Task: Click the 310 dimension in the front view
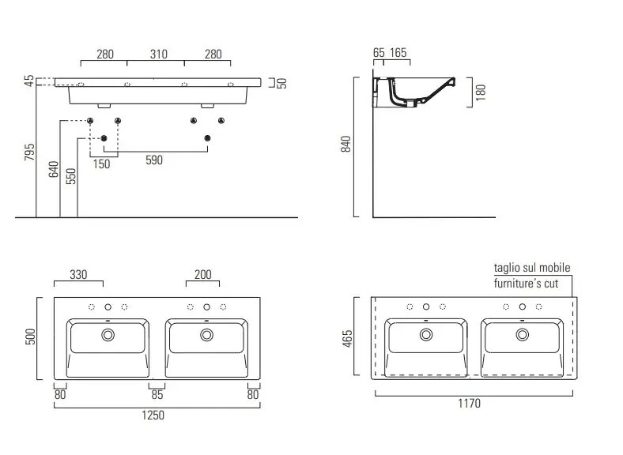click(159, 54)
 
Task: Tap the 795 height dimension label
click(30, 152)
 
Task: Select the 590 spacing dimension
click(154, 160)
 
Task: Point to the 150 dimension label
click(102, 164)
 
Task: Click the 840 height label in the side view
click(346, 144)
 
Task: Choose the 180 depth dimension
click(481, 92)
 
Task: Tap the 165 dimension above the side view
click(398, 52)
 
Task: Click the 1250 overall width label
click(153, 415)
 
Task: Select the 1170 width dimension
click(470, 404)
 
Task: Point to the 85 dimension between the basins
click(157, 395)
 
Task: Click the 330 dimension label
click(78, 274)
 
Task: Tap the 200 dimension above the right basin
click(203, 274)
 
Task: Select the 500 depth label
click(31, 337)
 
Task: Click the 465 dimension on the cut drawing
click(347, 339)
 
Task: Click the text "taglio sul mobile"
click(532, 268)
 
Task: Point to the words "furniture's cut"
click(526, 283)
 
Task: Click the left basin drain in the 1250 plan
click(108, 335)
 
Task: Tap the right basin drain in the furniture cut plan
click(522, 335)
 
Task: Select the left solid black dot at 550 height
click(104, 138)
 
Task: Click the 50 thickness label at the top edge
click(281, 84)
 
